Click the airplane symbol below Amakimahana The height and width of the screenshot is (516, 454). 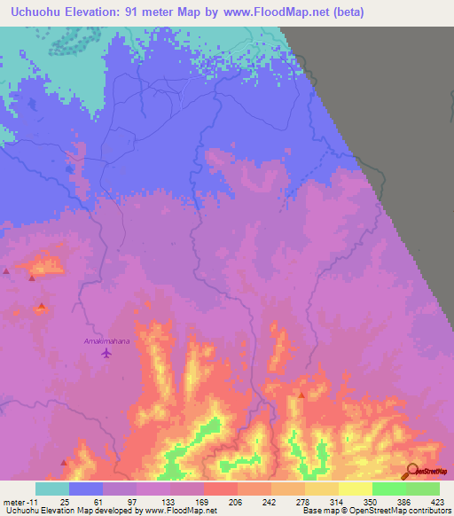pos(107,354)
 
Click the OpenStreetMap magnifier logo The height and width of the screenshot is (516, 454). pos(413,472)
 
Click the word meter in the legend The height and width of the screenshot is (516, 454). pos(14,502)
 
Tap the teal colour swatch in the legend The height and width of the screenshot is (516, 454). pos(52,489)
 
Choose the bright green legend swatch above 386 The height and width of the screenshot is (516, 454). pos(388,489)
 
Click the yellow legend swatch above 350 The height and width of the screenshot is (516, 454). pos(355,489)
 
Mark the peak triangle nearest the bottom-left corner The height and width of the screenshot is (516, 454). pos(63,462)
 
